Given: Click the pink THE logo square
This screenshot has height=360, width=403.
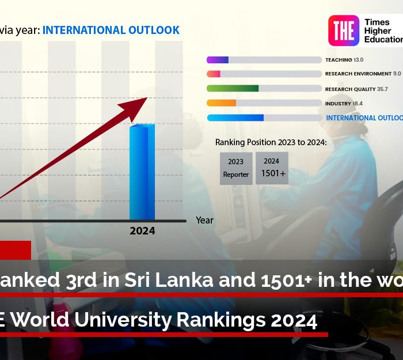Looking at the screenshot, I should pos(344,31).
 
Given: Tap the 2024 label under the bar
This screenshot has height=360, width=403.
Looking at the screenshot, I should pos(142,231).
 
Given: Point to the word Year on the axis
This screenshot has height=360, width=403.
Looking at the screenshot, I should pos(204,220).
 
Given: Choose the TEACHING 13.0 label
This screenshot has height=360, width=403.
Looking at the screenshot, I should pos(344,60).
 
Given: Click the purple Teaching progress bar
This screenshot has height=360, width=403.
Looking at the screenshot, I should pos(218,60).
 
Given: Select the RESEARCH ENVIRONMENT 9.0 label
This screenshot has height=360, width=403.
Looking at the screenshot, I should pos(363,74).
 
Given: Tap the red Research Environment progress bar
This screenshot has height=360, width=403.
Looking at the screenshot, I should pos(214,74).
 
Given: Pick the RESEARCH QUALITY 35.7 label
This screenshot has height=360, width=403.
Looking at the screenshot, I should pos(356,89).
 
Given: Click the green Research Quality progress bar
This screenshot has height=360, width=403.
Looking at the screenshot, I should pos(233,89).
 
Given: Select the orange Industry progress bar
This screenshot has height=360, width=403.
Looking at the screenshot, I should pos(222,103).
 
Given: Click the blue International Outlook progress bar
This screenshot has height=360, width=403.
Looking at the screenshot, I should pos(235,118).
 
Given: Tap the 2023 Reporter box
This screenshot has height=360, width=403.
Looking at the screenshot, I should pos(236,168).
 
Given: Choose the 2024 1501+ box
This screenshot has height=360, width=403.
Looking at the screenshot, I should pos(272,168).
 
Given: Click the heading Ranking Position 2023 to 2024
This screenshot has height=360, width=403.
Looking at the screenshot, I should pos(271,142).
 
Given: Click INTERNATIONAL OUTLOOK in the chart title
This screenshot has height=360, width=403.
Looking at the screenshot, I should pos(111,30).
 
